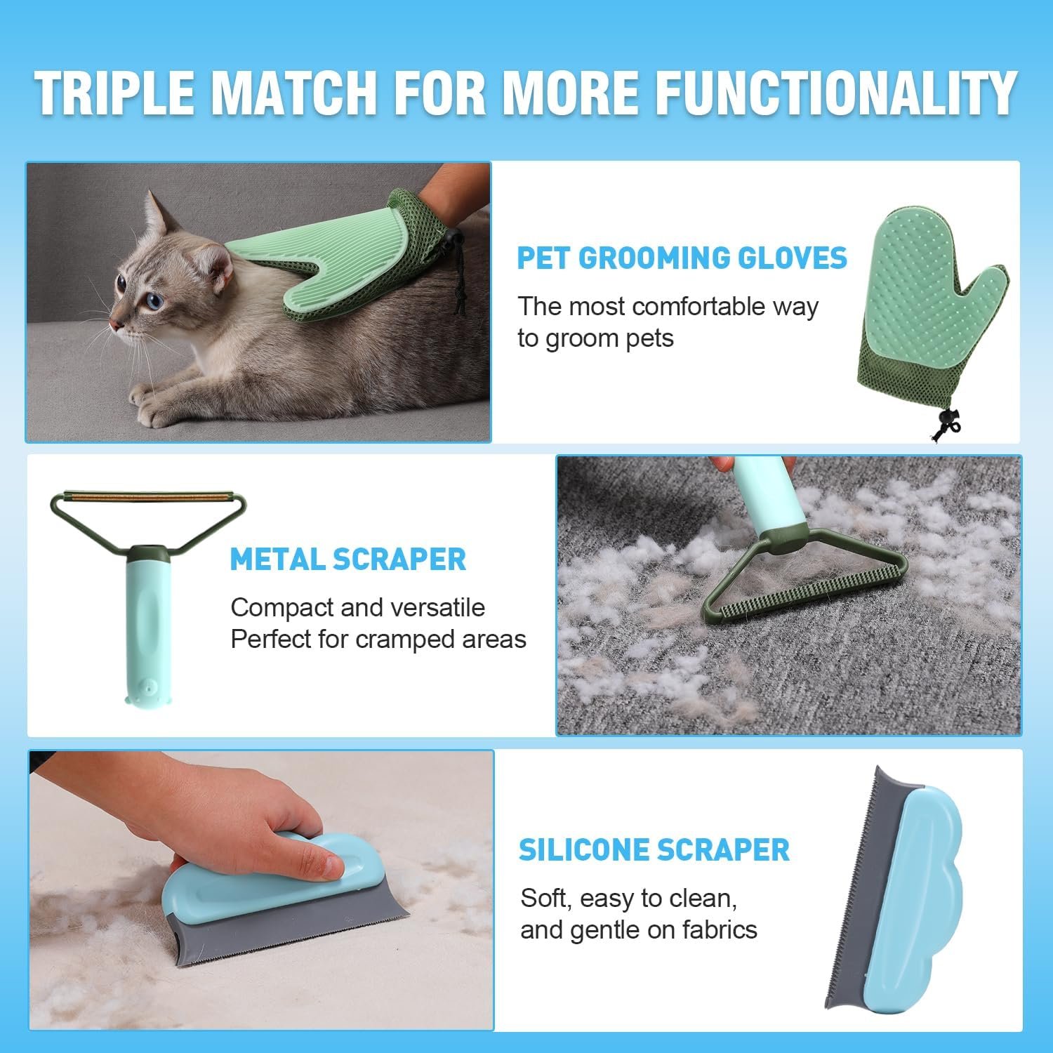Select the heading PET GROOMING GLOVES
pyautogui.click(x=682, y=258)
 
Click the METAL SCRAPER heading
pyautogui.click(x=348, y=559)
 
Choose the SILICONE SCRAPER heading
pyautogui.click(x=654, y=850)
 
